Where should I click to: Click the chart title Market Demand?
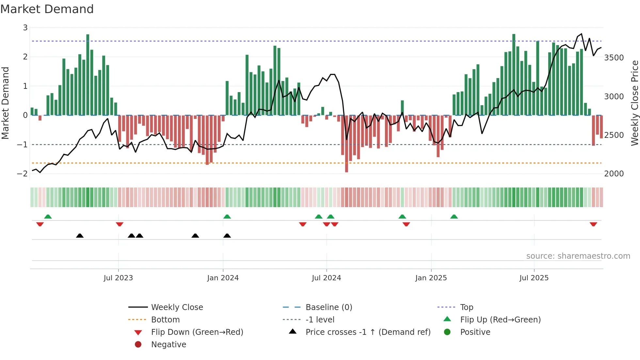pos(47,9)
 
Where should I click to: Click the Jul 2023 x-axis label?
pos(118,278)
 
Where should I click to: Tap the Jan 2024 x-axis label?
pos(223,278)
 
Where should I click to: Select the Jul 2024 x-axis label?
pos(326,278)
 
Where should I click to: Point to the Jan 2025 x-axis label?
pos(431,278)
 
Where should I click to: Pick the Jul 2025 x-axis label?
pos(534,278)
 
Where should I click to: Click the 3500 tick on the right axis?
pos(614,58)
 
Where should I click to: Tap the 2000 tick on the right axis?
pos(614,174)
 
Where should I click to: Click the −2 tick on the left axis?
pos(22,174)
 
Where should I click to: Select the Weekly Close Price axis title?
pos(634,103)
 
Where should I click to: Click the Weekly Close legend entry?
pos(177,307)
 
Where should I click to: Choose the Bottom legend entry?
pos(165,320)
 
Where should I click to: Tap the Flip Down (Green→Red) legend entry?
pos(197,332)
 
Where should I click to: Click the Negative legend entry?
pos(168,345)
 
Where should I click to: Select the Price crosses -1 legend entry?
pos(368,332)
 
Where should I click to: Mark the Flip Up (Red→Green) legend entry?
pos(500,320)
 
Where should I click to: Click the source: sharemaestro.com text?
pos(578,256)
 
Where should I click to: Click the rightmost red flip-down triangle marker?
pos(593,224)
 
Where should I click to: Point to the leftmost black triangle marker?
pos(80,236)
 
